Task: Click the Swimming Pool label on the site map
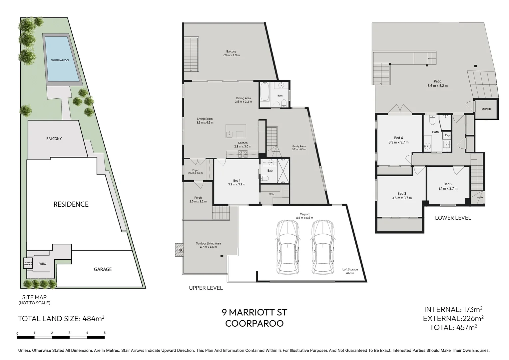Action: click(60, 60)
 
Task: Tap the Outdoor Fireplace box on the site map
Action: click(28, 263)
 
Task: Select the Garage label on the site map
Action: click(103, 269)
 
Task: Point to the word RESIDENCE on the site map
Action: click(71, 204)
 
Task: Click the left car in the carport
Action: click(288, 247)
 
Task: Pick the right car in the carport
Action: click(323, 247)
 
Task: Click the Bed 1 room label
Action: click(237, 181)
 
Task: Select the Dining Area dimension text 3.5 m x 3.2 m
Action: click(244, 102)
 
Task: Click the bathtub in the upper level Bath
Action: click(265, 92)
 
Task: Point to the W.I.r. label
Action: click(272, 194)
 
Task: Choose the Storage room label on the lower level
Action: click(486, 109)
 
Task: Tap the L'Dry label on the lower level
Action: click(446, 135)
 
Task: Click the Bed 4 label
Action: click(398, 138)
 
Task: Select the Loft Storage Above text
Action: click(350, 271)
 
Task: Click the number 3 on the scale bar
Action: click(70, 333)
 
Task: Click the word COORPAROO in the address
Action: click(254, 324)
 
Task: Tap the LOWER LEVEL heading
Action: click(453, 218)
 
